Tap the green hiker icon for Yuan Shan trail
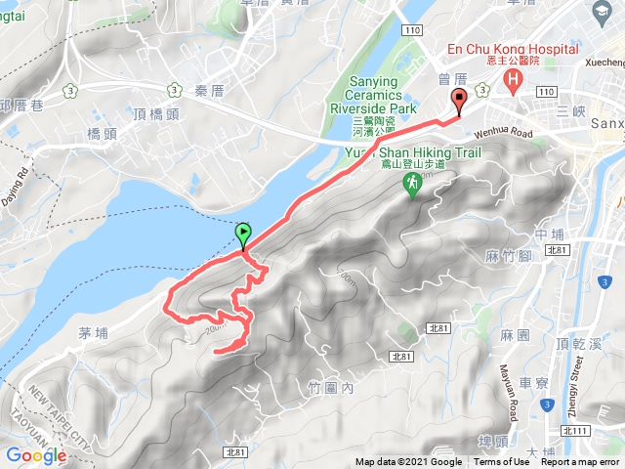[413, 183]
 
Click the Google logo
[35, 454]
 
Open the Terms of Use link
[501, 462]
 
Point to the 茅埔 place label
[96, 333]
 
